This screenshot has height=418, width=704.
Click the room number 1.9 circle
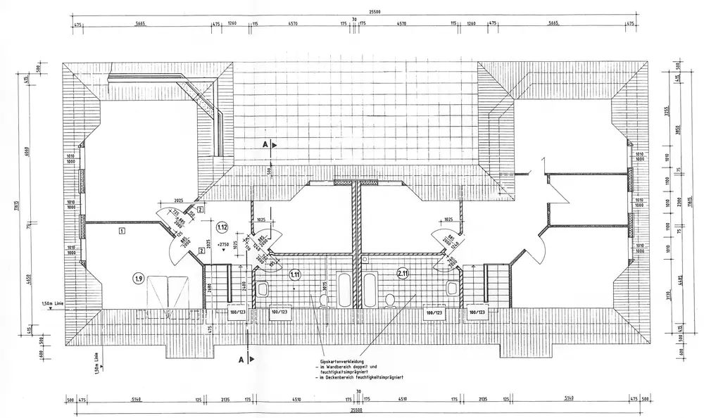pos(139,278)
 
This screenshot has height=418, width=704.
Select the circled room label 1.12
pos(222,227)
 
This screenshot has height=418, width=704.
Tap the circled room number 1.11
pos(295,274)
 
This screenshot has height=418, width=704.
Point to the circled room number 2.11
pos(403,274)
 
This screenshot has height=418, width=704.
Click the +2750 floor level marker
pos(225,245)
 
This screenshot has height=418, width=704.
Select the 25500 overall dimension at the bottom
pos(357,410)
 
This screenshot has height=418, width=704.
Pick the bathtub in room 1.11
pos(345,289)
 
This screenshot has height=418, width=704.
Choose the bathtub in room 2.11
pos(370,289)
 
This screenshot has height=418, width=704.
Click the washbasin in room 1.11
pos(264,288)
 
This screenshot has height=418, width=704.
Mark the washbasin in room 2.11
pos(451,288)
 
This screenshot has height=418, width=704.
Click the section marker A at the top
pos(265,144)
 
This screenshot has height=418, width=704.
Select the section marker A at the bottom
pos(241,360)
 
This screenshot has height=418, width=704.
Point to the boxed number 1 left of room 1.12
pos(122,230)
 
